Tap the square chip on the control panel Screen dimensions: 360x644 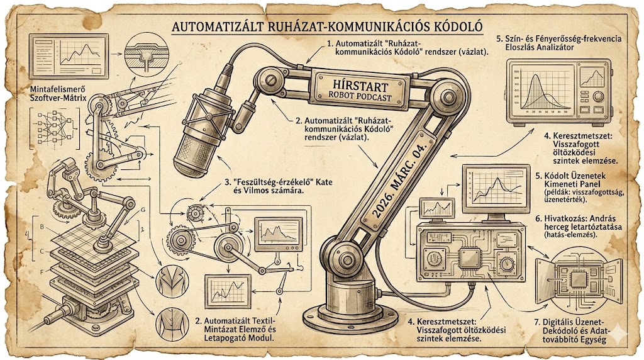tap(469, 259)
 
